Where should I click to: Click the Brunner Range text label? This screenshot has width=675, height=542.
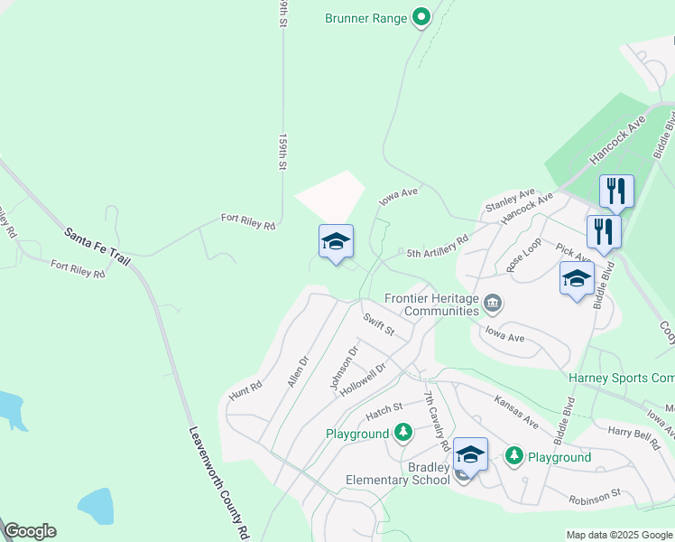pos(365,16)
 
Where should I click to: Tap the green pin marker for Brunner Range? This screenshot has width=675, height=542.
pos(421,17)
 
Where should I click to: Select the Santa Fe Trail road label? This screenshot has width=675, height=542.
pos(97,246)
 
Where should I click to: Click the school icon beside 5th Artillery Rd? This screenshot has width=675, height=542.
pos(336,242)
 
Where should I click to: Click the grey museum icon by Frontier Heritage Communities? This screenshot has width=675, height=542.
pos(493,303)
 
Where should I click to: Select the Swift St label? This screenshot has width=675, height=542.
pos(379,324)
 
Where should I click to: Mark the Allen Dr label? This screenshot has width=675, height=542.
pos(299,370)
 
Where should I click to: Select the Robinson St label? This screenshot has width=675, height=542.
pos(595,495)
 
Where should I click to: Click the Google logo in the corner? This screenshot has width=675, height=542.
pos(30,531)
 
